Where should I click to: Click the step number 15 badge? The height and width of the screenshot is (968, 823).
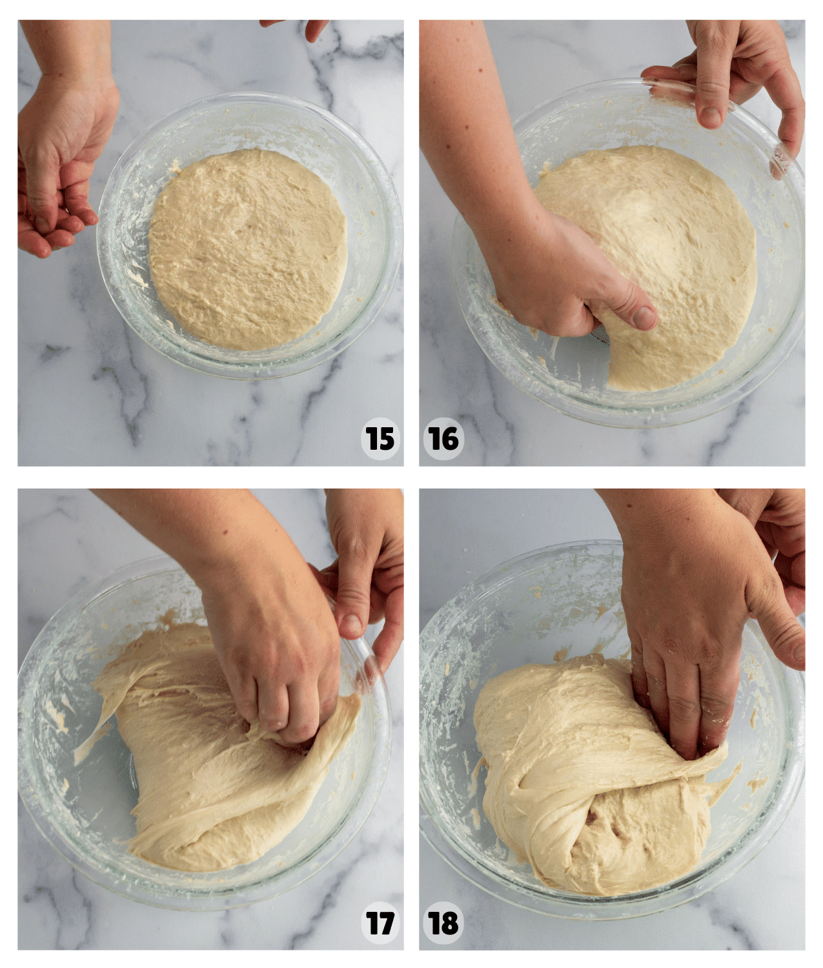coord(380,439)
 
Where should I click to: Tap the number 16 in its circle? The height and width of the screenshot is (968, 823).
coord(443,439)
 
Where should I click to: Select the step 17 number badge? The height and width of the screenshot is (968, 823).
coord(380,923)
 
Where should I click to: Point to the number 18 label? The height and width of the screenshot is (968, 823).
coord(443,923)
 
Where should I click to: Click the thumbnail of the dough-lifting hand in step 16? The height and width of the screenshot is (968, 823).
coord(643,316)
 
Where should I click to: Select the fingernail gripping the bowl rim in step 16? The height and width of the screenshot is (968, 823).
coord(711,116)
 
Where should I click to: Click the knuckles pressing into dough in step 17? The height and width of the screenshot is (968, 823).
coord(284,716)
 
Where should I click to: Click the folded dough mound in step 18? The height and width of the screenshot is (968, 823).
coord(581,774)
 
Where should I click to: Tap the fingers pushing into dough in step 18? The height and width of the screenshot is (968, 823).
coord(684,723)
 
